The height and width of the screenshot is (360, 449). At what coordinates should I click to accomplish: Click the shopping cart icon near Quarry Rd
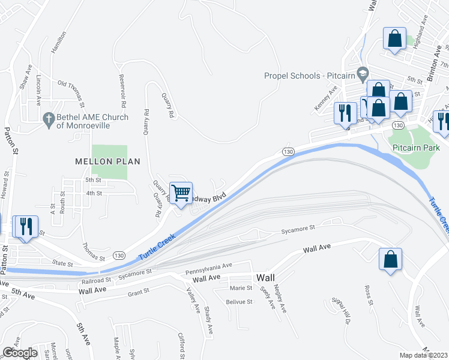pos(181,193)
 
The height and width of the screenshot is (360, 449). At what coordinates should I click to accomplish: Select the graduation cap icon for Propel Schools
pos(362,75)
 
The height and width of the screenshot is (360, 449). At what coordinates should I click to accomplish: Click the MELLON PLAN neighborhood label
pos(107,161)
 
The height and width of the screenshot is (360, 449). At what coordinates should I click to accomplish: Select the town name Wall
pos(265,278)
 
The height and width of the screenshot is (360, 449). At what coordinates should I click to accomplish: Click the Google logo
pos(20,353)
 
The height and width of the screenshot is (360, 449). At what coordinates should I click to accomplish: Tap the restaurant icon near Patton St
pos(25,226)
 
